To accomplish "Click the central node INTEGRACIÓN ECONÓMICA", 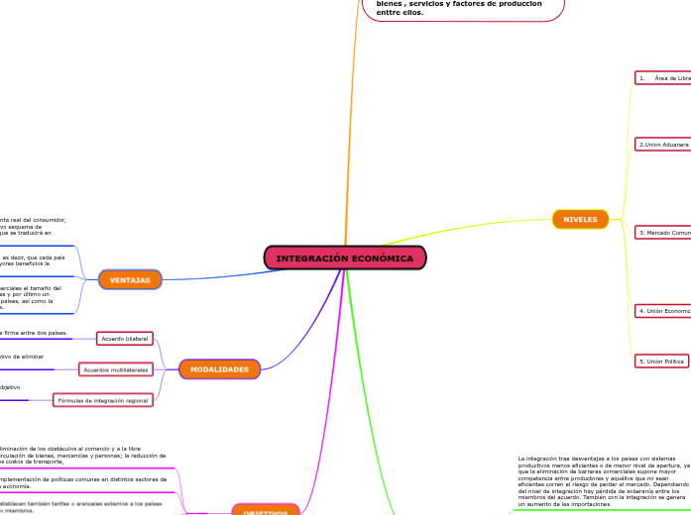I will coord(345,257).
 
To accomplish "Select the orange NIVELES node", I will coord(580,219).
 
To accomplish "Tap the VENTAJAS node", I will coord(130,280).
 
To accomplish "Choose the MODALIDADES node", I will coord(219,369).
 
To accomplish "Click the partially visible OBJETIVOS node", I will coord(265,511).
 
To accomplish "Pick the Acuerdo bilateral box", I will coord(125,339).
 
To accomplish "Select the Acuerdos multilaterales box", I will coord(115,369).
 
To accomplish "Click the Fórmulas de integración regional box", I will coord(103,400).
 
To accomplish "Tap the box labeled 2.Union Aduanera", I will coord(662,145).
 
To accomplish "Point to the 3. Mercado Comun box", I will coord(662,233).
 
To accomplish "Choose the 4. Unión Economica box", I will coord(662,311).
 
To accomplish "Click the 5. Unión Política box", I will coord(661,361).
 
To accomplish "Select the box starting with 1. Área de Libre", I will coord(662,78).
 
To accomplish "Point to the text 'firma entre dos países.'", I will coord(36,333).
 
